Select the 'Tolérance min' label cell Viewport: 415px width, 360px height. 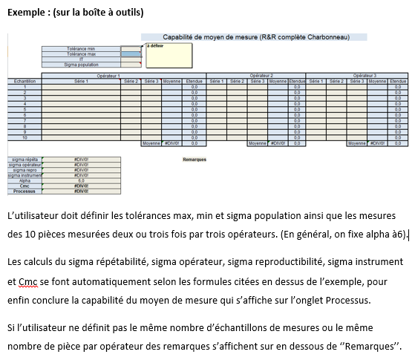[x=82, y=48]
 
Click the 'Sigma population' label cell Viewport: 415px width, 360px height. [x=82, y=65]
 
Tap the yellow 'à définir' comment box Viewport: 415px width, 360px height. [x=169, y=56]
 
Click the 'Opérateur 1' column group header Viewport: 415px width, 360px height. [x=108, y=75]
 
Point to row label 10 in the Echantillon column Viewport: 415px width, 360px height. [x=24, y=137]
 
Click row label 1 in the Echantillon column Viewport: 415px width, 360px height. [x=24, y=86]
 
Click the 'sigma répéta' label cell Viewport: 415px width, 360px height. [x=24, y=160]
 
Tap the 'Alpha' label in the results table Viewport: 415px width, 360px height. [x=24, y=180]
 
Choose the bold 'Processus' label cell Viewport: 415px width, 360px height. [x=24, y=191]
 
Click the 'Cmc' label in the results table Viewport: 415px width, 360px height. [x=24, y=186]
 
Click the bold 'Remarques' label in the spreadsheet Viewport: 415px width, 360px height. [x=195, y=159]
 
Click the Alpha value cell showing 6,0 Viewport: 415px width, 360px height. [x=81, y=180]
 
